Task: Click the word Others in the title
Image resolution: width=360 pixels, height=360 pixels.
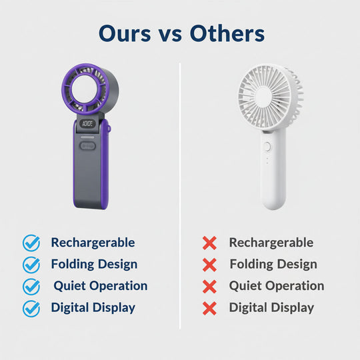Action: [227, 33]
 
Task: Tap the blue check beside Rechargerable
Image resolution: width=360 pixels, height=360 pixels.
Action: [31, 243]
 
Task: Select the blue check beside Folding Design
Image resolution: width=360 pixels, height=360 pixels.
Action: [31, 265]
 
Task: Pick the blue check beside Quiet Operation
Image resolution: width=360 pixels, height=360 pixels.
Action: [31, 287]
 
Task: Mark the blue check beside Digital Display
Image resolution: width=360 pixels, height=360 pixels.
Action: [31, 309]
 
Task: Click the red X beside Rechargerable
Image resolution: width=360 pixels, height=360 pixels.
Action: [209, 243]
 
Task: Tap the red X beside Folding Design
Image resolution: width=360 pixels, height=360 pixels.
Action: [209, 265]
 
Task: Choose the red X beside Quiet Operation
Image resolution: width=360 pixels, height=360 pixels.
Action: [209, 287]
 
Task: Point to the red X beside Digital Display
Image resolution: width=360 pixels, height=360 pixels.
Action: [209, 309]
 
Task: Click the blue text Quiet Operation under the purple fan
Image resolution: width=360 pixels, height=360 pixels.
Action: [101, 286]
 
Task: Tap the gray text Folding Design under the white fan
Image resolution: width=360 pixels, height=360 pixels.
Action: [273, 265]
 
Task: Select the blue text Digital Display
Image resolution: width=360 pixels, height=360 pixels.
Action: [93, 308]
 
